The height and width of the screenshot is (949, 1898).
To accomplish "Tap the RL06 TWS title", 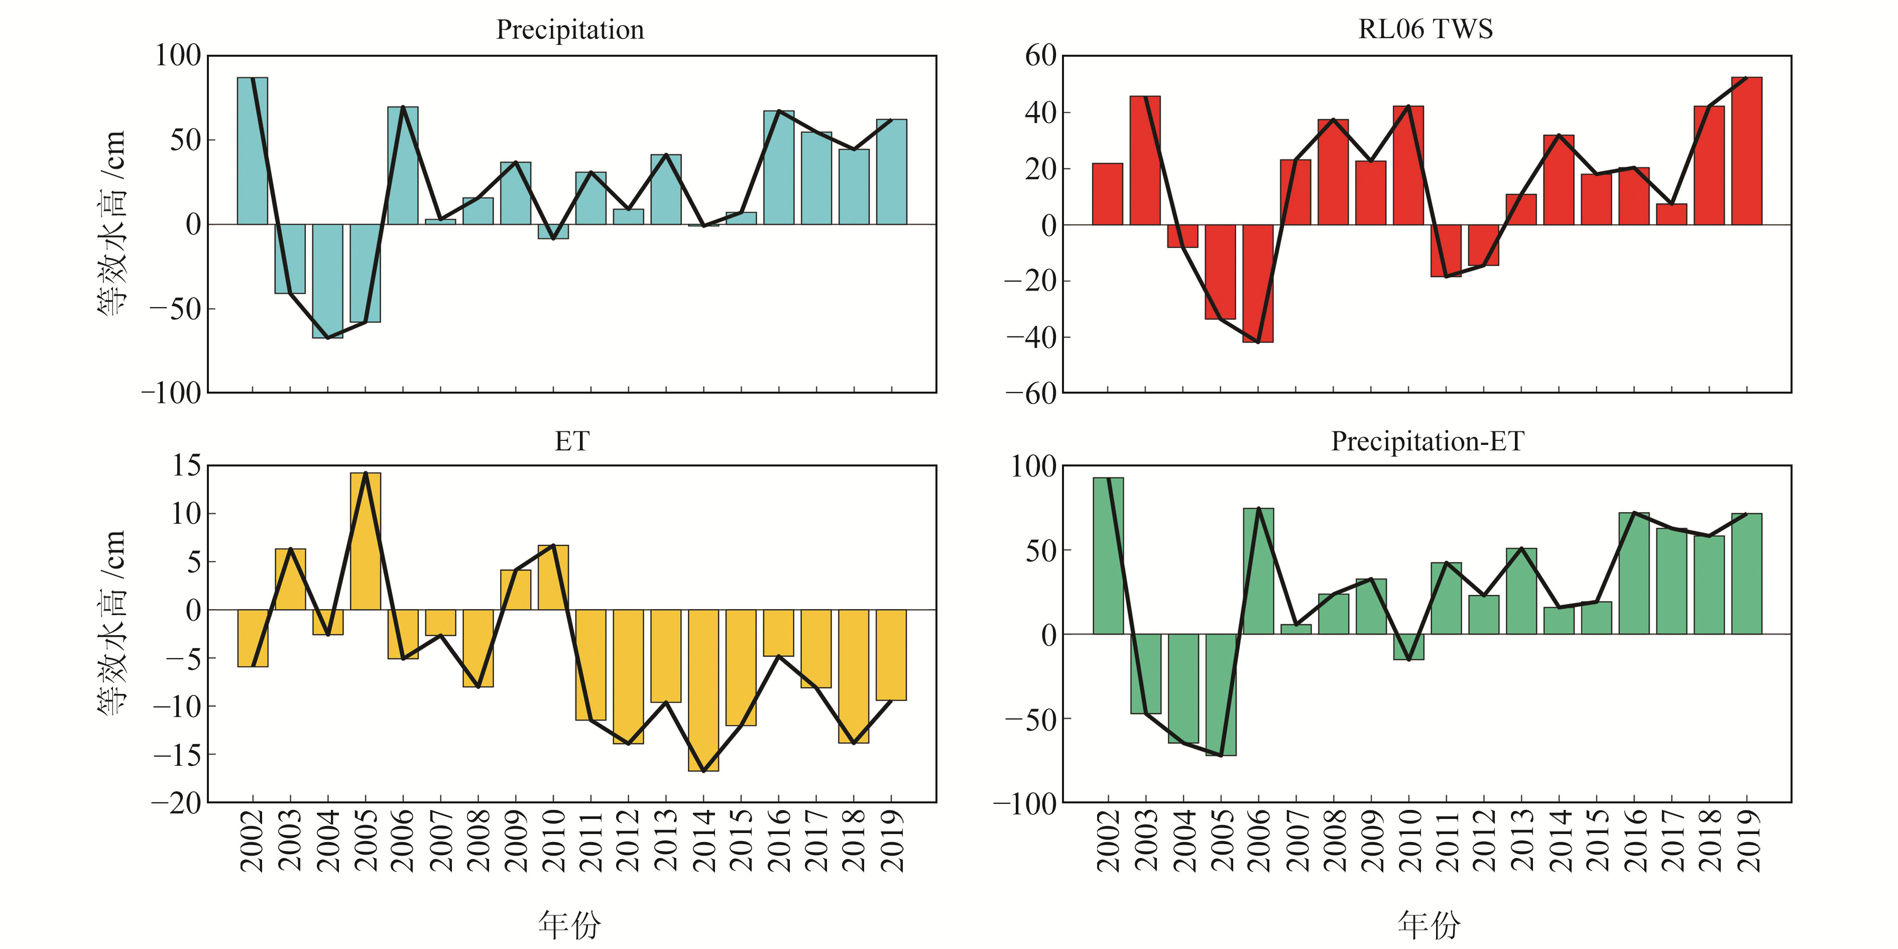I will click(1425, 30).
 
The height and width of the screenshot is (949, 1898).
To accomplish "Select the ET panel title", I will click(572, 441).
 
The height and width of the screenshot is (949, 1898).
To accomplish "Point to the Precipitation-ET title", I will click(1427, 441).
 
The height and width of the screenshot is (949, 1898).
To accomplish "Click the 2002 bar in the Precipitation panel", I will click(253, 151).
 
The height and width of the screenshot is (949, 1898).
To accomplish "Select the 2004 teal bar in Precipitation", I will click(328, 281).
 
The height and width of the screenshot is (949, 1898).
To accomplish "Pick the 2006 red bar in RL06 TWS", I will click(1258, 283).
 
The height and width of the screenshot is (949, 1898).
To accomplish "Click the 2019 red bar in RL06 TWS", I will click(1746, 151).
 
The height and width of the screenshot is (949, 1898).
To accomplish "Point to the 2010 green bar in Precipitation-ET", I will click(1409, 646).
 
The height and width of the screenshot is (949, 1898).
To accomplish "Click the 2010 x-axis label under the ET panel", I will click(553, 840).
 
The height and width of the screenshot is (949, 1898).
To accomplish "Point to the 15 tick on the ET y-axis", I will click(186, 465).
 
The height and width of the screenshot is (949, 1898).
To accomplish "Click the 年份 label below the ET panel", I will click(569, 924).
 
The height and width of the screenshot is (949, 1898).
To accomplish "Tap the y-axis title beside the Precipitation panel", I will click(112, 223).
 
